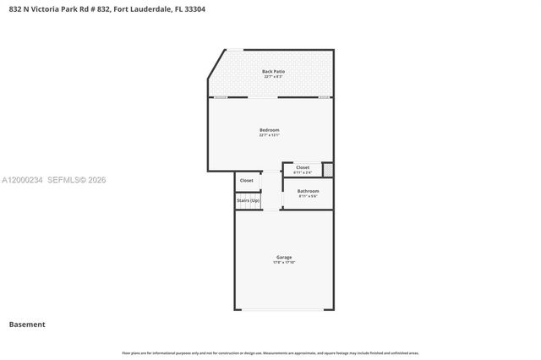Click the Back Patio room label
coord(273,71)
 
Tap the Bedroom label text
coord(270,129)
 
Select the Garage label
coord(284,257)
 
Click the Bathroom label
coord(308,191)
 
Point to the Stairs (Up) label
coord(249,200)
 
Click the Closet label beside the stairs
coord(247,180)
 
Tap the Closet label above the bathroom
coord(303,167)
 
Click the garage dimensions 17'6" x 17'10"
coord(284,263)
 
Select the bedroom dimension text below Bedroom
coord(270,135)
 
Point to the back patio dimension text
coord(273,77)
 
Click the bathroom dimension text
coord(308,197)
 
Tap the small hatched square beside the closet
coord(328,170)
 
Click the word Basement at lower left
coord(27,325)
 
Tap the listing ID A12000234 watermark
coord(23,180)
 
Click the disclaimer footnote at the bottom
coord(270,352)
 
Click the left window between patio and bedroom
coord(221,97)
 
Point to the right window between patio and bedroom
coord(324,97)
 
